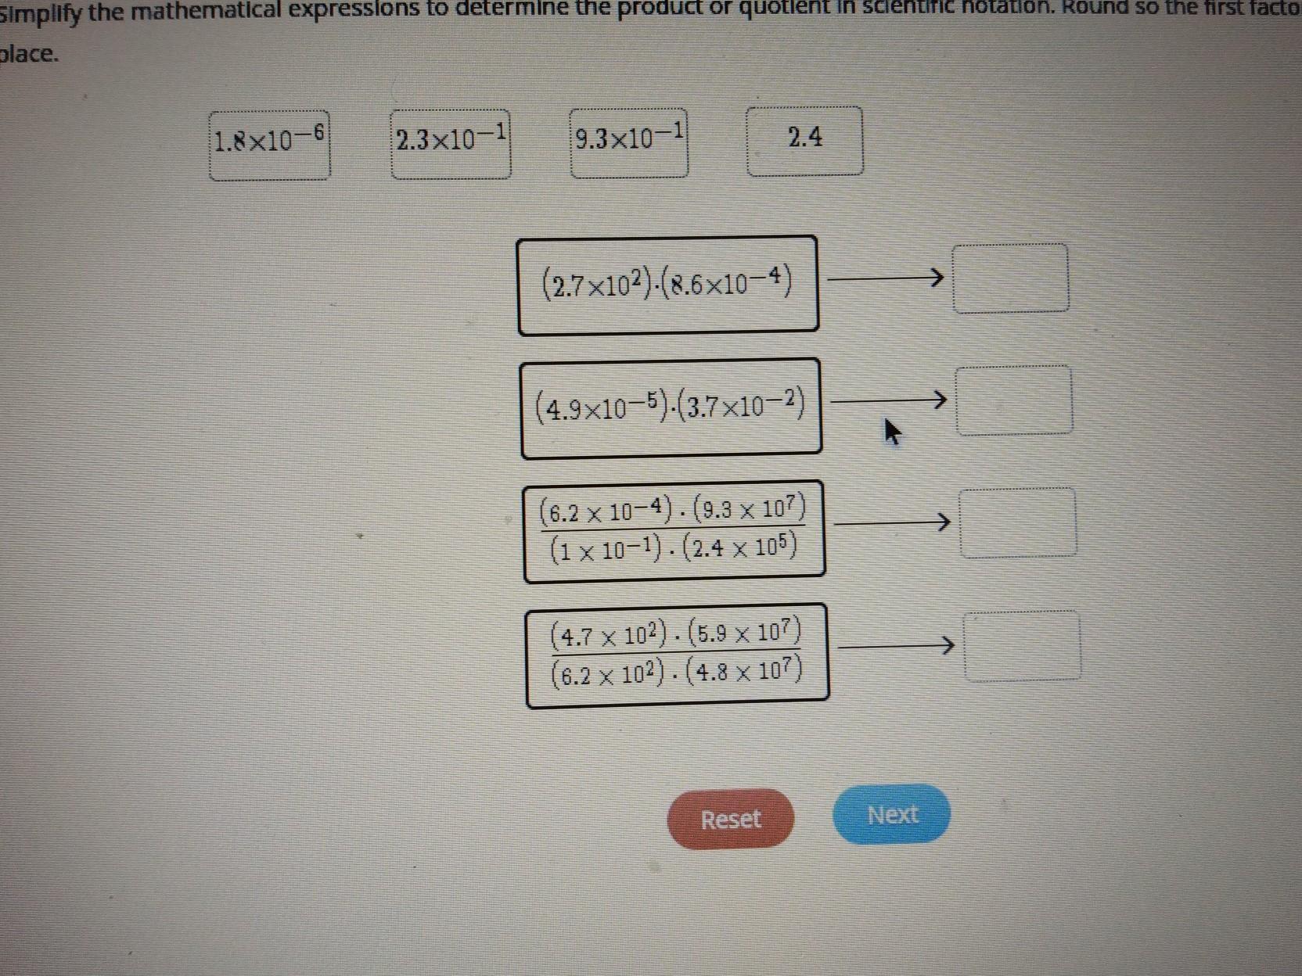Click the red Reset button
730,818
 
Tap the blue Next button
892,814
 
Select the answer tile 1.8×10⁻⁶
269,145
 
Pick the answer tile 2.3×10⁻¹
451,144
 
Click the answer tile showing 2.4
805,141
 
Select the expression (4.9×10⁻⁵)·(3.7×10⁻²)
671,407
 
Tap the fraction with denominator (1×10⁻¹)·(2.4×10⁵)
674,532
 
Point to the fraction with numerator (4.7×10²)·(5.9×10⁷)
677,655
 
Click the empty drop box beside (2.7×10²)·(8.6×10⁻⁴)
1010,278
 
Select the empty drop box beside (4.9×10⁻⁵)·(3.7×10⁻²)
1014,400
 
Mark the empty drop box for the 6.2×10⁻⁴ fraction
1018,522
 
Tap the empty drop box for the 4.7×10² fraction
1022,646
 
